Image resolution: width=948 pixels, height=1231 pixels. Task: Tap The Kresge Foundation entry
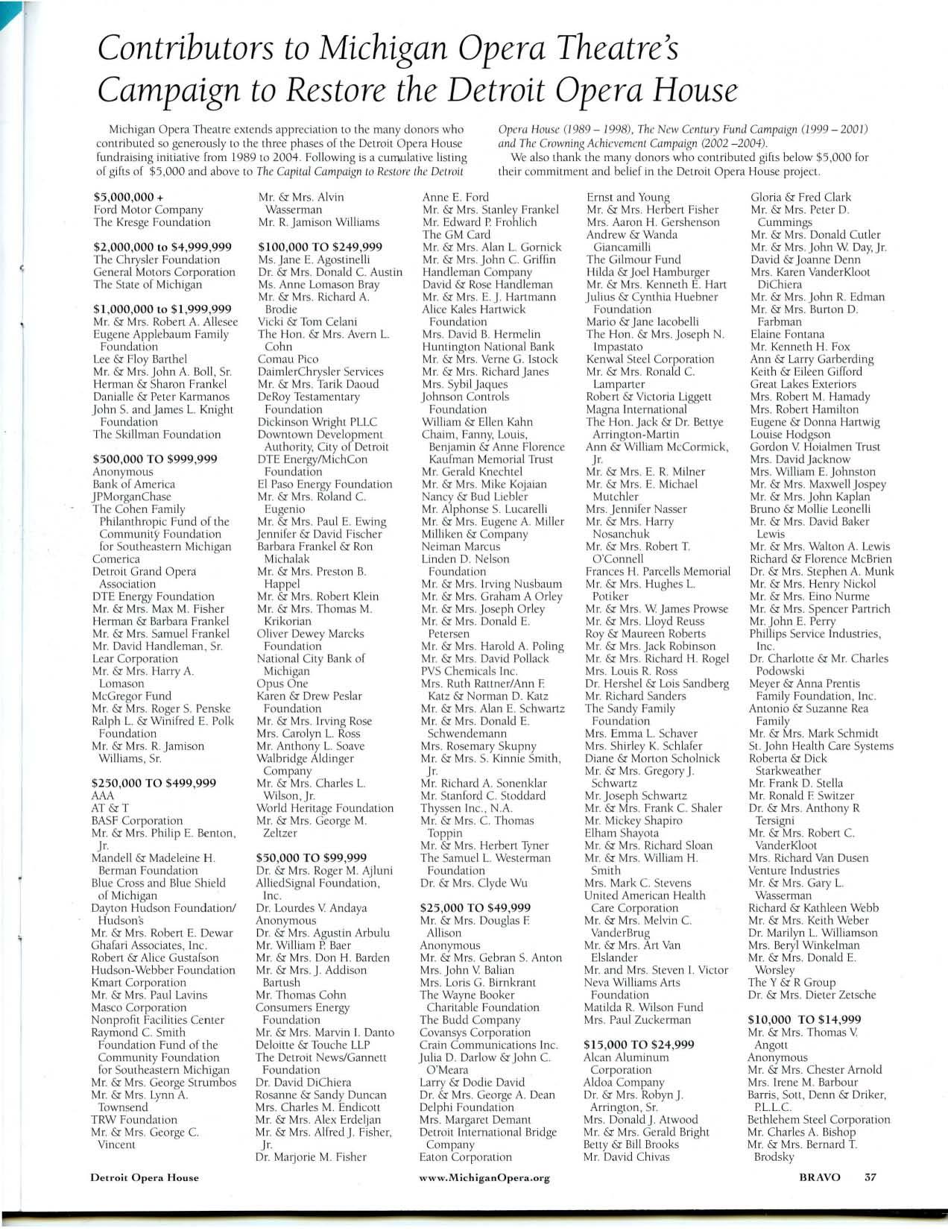point(152,222)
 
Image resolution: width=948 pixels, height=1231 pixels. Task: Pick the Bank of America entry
point(134,484)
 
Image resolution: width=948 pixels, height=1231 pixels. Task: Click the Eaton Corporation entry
point(466,1157)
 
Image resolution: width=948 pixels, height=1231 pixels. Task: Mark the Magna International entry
point(636,409)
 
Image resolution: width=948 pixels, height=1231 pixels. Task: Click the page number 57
point(870,1178)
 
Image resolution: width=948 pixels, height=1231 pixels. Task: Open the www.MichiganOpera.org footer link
point(484,1178)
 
